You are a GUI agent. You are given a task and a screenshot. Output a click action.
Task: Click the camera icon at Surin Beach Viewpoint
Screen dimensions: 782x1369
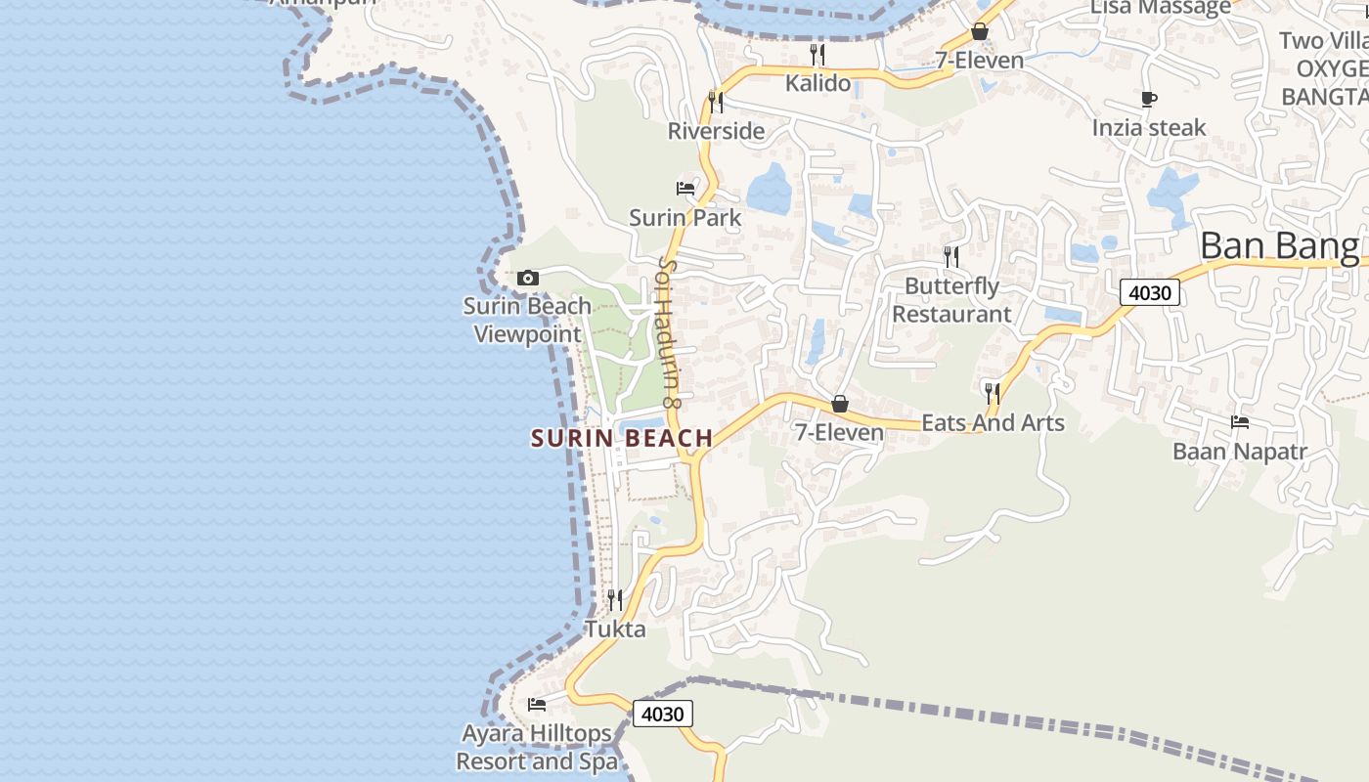click(527, 279)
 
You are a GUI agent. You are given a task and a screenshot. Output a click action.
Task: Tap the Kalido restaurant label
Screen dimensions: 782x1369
click(817, 83)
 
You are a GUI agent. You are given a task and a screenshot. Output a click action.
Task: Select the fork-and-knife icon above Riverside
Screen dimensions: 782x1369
click(716, 102)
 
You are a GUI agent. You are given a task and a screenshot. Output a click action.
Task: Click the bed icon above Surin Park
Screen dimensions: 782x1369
click(685, 188)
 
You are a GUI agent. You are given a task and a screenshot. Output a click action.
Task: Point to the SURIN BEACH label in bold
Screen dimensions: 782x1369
click(622, 439)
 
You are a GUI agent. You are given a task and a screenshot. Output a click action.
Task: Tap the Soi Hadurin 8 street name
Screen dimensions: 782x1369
click(669, 331)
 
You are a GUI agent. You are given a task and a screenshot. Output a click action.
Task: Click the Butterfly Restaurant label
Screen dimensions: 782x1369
click(951, 300)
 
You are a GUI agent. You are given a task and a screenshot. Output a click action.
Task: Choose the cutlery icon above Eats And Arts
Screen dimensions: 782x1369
click(993, 393)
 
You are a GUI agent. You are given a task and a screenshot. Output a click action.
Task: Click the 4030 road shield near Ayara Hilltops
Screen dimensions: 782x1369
click(662, 714)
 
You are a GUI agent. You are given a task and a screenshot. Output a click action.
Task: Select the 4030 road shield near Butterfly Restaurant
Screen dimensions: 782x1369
click(1151, 292)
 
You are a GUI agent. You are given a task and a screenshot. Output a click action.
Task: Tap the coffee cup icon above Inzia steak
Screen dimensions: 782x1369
click(1149, 99)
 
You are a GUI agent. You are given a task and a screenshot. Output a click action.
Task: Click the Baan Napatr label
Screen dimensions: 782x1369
click(1238, 452)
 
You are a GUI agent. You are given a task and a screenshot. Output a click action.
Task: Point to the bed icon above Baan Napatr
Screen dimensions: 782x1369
click(1240, 422)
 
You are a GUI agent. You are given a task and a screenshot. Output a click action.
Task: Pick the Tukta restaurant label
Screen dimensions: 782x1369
click(615, 629)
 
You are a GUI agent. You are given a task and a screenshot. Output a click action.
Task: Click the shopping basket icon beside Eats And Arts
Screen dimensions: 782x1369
click(839, 404)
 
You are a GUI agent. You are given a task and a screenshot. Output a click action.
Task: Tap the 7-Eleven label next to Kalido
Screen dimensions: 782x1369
click(979, 61)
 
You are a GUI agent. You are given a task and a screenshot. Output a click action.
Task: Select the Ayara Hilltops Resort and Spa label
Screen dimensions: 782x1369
click(537, 747)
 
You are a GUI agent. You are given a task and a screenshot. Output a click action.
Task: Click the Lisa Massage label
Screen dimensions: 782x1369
click(1160, 8)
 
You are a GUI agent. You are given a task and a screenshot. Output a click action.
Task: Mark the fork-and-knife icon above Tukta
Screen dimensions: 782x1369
click(615, 599)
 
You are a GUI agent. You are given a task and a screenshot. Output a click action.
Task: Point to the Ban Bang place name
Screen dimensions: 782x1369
click(1279, 245)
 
